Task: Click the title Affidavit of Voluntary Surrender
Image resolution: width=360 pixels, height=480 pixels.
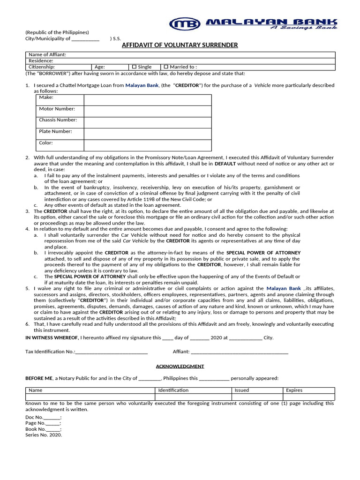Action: [180, 45]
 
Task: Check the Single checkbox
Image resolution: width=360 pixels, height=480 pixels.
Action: [135, 67]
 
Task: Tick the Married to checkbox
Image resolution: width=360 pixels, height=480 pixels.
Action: [166, 67]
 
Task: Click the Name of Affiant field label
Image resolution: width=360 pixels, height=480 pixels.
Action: [47, 55]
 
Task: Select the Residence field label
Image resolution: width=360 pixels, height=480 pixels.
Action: [41, 61]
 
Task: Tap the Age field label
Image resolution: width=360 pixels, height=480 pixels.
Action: [100, 67]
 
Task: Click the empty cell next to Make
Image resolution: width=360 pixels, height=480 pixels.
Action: [148, 100]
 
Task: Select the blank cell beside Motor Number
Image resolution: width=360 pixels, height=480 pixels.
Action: [148, 111]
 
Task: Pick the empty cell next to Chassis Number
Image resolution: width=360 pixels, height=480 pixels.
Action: [148, 122]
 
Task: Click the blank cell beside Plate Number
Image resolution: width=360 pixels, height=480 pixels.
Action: [148, 134]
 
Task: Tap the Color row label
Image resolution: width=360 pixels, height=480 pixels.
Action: [46, 143]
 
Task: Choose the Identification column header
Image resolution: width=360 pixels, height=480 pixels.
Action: [173, 390]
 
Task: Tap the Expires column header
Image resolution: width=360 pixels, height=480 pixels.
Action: [294, 390]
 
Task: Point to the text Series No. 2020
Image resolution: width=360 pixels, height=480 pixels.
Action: [44, 435]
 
